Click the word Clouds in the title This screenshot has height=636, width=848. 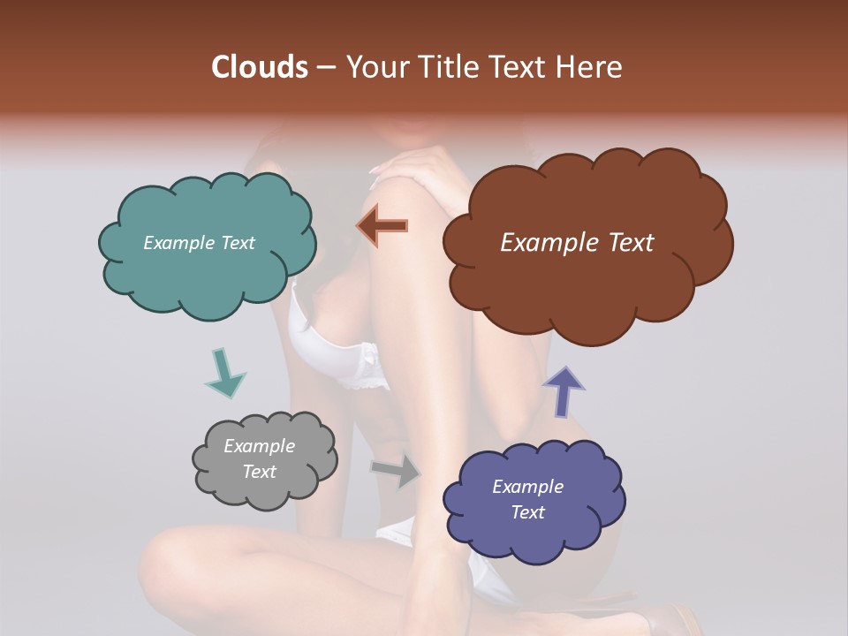260,67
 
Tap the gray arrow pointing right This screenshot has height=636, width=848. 396,472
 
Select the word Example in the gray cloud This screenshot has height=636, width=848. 259,446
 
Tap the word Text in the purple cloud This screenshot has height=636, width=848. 527,512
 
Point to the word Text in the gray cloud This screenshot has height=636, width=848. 259,472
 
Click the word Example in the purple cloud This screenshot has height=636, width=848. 527,487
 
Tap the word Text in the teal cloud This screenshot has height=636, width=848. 236,243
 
